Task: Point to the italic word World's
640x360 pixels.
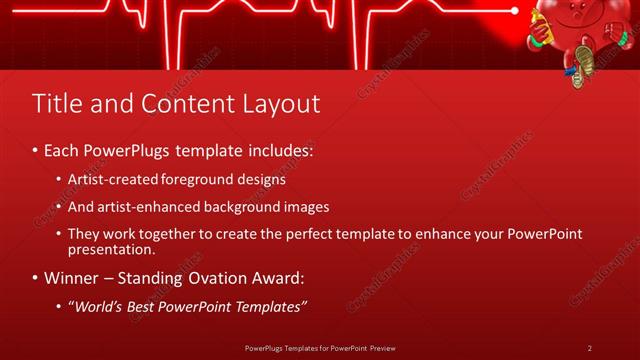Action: pyautogui.click(x=97, y=305)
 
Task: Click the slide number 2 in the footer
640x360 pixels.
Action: pyautogui.click(x=589, y=348)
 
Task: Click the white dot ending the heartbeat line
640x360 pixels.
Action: pyautogui.click(x=515, y=11)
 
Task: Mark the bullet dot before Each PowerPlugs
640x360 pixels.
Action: pyautogui.click(x=35, y=151)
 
